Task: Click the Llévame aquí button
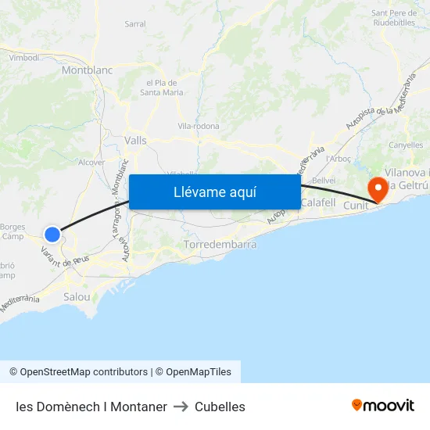click(215, 192)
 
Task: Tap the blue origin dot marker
click(52, 234)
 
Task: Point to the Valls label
click(135, 140)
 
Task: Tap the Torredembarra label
click(220, 245)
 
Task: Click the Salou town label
click(77, 296)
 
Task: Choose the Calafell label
click(317, 202)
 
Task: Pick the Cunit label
click(356, 205)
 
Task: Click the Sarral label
click(135, 24)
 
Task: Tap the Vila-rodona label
click(199, 126)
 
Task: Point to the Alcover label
click(91, 163)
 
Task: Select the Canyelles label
click(406, 145)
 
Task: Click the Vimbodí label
click(23, 58)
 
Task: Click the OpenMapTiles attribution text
click(192, 372)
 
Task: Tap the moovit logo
click(383, 406)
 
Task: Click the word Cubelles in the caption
click(220, 407)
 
